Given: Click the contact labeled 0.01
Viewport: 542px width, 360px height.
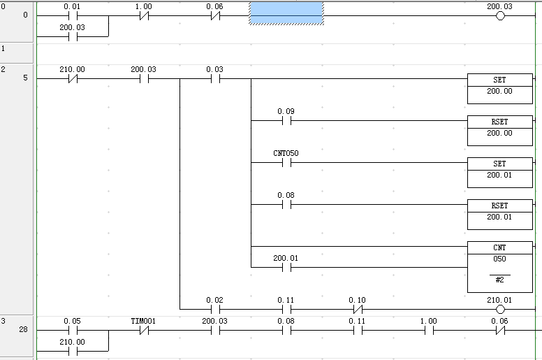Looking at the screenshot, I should tap(72, 16).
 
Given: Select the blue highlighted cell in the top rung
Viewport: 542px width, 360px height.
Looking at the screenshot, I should tap(286, 13).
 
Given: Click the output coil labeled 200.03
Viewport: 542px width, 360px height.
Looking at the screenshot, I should tap(499, 16).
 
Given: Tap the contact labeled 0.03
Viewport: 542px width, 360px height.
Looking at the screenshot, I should tap(214, 79).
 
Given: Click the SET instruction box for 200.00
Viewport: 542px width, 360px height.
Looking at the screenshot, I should tap(499, 86).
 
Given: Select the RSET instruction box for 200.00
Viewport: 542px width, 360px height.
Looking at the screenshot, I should tap(499, 128).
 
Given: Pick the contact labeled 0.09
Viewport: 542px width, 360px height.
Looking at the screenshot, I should tap(286, 121).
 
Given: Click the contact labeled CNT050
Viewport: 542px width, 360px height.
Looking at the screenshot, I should tap(286, 163).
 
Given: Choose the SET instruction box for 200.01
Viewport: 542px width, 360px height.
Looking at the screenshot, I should tap(499, 170).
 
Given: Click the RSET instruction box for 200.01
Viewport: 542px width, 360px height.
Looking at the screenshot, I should tap(499, 212).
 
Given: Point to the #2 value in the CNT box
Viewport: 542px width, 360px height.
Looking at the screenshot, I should tap(499, 280).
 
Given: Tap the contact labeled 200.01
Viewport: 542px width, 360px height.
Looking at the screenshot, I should tap(286, 268).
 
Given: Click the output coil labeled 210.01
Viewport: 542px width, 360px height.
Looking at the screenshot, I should tap(499, 310).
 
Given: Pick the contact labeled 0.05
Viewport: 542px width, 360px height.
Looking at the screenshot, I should tap(72, 331).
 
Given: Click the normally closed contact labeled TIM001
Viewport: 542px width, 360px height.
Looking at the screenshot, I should tap(143, 331).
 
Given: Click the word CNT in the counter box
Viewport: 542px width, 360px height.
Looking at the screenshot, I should tap(499, 248).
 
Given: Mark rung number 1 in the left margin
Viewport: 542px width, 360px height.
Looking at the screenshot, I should tap(3, 49).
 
